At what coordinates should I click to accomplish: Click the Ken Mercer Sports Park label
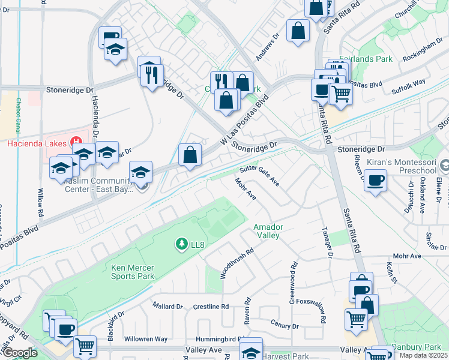pyautogui.click(x=133, y=272)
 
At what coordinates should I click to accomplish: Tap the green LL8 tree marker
pyautogui.click(x=181, y=244)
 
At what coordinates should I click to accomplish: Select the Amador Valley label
pyautogui.click(x=268, y=232)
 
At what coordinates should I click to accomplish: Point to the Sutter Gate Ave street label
pyautogui.click(x=260, y=176)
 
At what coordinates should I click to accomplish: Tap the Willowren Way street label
pyautogui.click(x=145, y=339)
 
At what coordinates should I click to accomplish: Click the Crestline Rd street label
pyautogui.click(x=211, y=306)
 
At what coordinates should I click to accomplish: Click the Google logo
pyautogui.click(x=19, y=353)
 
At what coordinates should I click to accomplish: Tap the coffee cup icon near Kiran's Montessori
pyautogui.click(x=376, y=180)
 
